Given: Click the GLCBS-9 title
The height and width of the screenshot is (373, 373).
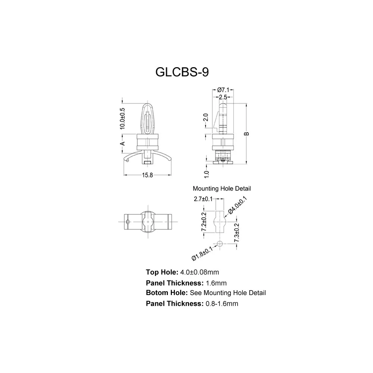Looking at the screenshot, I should click(182, 72).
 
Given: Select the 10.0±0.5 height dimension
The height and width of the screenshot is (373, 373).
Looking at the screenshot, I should click(122, 119).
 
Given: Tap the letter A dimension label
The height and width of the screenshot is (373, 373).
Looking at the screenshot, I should click(122, 144).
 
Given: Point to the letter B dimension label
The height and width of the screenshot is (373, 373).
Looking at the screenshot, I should click(247, 134).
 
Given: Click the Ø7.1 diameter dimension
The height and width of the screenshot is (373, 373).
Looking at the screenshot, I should click(223, 90).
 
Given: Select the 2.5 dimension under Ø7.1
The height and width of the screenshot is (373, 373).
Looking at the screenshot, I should click(223, 97).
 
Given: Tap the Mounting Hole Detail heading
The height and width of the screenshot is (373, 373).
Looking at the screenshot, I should click(222, 189).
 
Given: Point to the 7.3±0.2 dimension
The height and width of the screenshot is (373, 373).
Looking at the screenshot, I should click(236, 233).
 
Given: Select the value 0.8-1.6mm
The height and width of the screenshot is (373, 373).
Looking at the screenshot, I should click(222, 304).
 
